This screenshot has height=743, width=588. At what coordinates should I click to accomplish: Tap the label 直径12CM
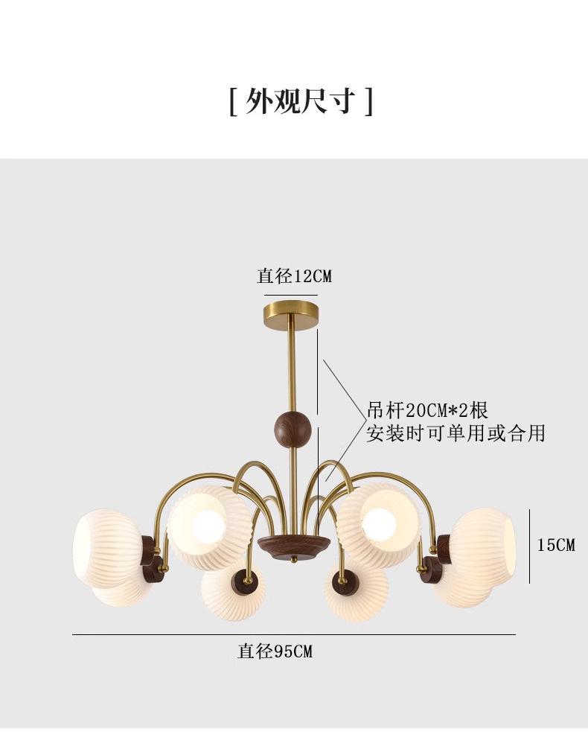(x=294, y=275)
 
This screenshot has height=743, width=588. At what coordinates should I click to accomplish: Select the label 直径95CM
(x=275, y=651)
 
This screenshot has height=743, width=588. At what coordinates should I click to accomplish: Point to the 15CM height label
(x=556, y=545)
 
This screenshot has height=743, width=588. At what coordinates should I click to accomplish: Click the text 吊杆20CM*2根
(x=427, y=410)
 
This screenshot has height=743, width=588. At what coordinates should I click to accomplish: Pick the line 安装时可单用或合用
(x=456, y=433)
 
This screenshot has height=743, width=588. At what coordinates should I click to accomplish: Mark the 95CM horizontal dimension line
(x=294, y=634)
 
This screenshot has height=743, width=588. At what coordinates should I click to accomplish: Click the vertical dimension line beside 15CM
(x=529, y=546)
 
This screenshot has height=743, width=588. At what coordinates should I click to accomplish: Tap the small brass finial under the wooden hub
(x=294, y=560)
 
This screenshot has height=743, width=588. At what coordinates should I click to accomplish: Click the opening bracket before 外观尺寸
(x=232, y=101)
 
